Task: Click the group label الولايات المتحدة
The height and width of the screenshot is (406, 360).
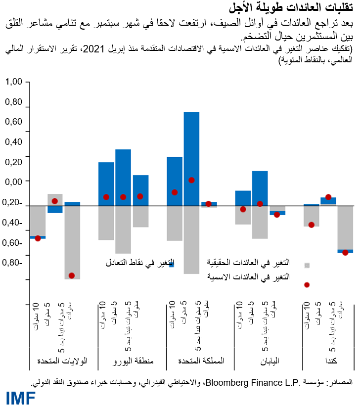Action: click(x=63, y=361)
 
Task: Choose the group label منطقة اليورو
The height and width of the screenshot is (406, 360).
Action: click(x=131, y=361)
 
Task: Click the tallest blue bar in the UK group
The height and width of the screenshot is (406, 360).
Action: click(x=191, y=158)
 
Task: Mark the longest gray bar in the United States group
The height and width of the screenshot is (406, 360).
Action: click(x=72, y=242)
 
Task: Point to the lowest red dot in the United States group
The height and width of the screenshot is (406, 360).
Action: click(x=72, y=275)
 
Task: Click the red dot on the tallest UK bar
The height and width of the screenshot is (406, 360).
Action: click(x=191, y=180)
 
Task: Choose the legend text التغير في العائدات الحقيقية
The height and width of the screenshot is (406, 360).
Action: click(x=248, y=262)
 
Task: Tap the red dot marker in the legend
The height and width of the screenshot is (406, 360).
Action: click(x=307, y=285)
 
